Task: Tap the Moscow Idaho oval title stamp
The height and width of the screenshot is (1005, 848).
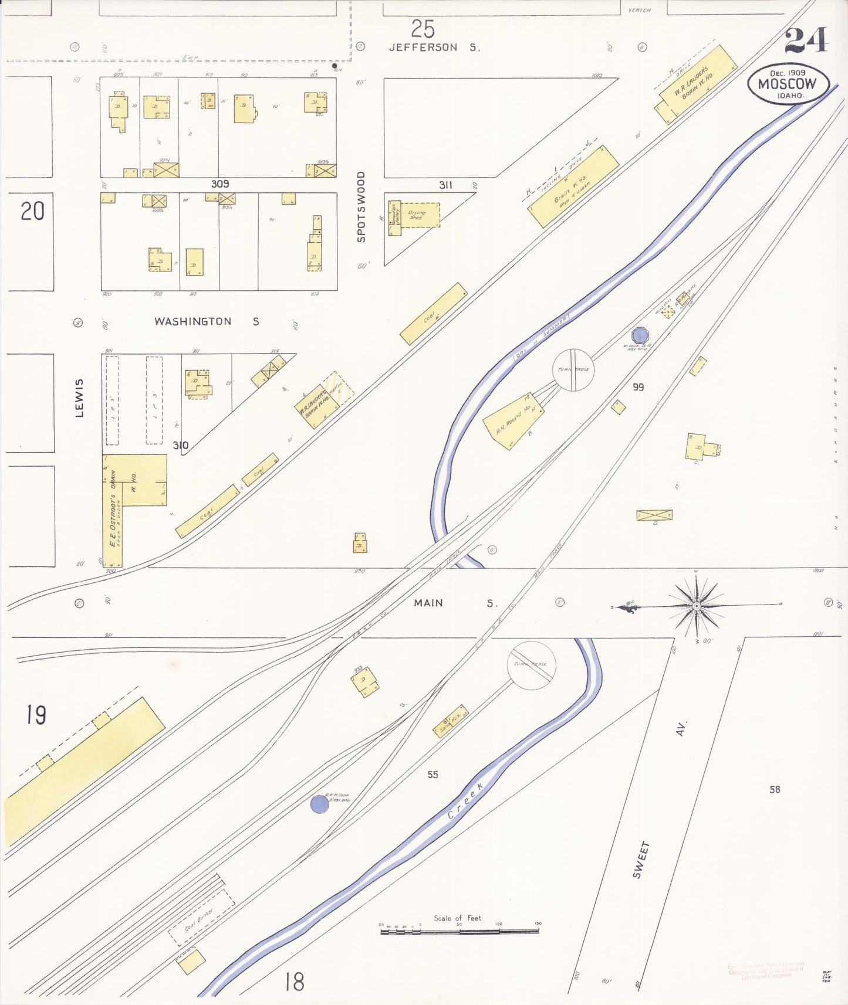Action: (789, 84)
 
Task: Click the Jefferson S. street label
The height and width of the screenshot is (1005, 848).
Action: (434, 47)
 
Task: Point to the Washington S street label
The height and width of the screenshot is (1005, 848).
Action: (206, 321)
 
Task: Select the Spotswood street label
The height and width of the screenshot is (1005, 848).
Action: (361, 206)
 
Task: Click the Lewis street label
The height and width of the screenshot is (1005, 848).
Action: (79, 398)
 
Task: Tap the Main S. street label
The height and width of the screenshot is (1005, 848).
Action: (455, 603)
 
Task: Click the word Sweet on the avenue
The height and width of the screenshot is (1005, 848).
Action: (641, 860)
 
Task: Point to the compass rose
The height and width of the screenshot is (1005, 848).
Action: (696, 606)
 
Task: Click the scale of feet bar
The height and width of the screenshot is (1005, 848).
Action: (460, 931)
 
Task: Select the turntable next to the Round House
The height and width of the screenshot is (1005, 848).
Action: (573, 370)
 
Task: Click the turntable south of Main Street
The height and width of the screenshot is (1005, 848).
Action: (531, 665)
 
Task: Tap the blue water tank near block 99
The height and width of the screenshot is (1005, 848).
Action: (640, 335)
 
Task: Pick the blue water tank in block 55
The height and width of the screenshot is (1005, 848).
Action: (319, 804)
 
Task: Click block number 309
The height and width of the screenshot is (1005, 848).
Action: (220, 184)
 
